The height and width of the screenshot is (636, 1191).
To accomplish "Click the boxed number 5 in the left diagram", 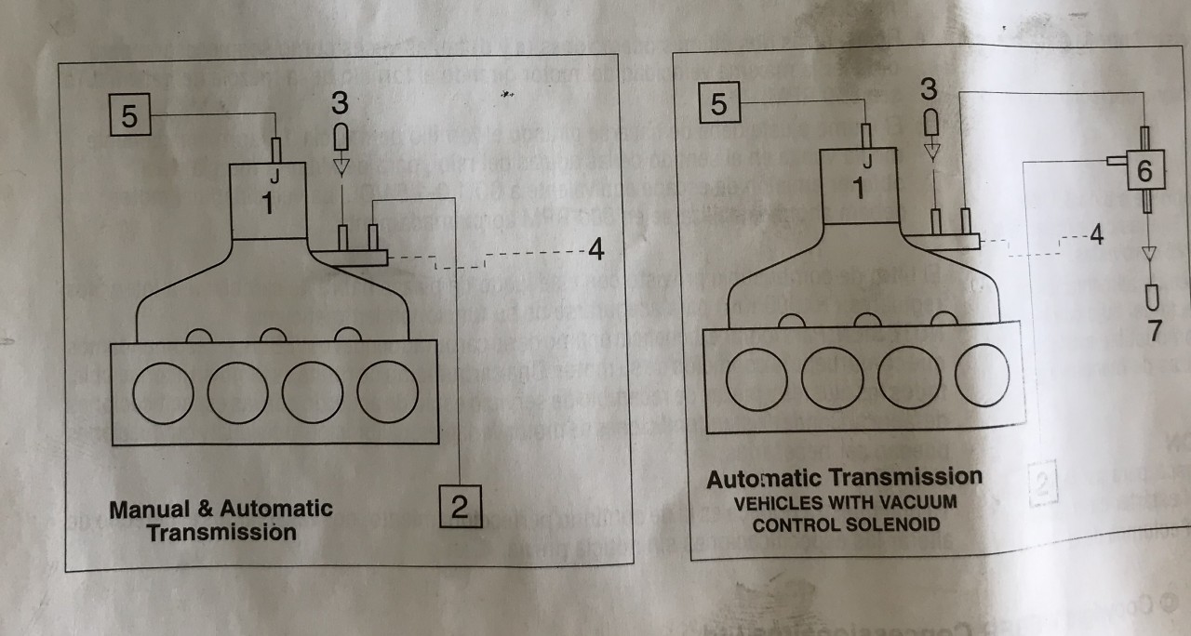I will pyautogui.click(x=129, y=116).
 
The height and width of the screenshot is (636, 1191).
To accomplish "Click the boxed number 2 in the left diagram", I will pyautogui.click(x=460, y=507).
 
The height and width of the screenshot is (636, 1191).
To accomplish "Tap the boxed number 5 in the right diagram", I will pyautogui.click(x=718, y=104).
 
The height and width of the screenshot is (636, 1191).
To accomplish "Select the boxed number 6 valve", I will pyautogui.click(x=1144, y=169).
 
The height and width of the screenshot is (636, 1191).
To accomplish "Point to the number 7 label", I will pyautogui.click(x=1155, y=329).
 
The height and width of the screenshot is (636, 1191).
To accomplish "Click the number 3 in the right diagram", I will pyautogui.click(x=930, y=90).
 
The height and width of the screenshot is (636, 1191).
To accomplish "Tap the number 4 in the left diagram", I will pyautogui.click(x=595, y=248).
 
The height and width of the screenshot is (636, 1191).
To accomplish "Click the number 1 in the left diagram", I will pyautogui.click(x=267, y=204).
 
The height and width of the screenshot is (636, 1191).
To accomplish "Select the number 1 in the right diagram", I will pyautogui.click(x=857, y=189).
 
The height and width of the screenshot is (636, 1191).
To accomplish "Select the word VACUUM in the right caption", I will pyautogui.click(x=921, y=502).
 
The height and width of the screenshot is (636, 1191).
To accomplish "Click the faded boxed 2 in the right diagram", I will pyautogui.click(x=1044, y=484).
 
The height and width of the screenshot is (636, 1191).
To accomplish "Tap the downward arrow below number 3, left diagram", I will pyautogui.click(x=341, y=166).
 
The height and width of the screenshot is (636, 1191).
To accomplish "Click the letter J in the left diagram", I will pyautogui.click(x=274, y=174).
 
